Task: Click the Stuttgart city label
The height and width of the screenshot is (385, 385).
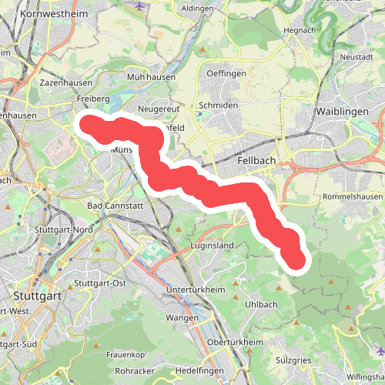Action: pos(39,294)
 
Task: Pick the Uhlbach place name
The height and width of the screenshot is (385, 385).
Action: pos(261,304)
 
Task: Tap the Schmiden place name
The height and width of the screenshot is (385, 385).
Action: pos(215,105)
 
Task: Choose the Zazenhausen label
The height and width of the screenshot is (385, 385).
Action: pos(65,82)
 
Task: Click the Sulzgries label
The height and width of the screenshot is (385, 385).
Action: pos(293,359)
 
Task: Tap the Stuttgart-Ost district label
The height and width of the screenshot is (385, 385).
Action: pos(98,283)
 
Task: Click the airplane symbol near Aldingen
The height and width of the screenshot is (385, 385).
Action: pos(139,5)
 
